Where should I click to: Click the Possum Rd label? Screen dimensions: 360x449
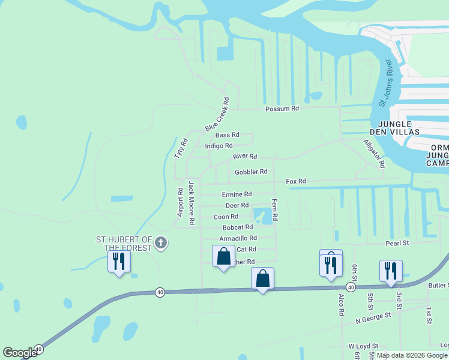coord(282,109)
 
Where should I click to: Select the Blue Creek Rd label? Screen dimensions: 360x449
coord(217,115)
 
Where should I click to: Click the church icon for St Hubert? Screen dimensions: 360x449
coord(160,243)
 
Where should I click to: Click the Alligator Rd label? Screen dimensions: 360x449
coord(373,154)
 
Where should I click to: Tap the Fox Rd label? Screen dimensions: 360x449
coord(296,181)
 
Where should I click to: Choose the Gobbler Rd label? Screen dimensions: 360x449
coord(251,172)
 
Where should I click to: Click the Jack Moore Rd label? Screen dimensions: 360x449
coord(191,203)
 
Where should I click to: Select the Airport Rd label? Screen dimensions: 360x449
coord(179,203)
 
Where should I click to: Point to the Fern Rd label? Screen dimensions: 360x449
coord(275,211)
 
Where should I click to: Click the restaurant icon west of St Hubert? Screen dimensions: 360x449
coord(118,262)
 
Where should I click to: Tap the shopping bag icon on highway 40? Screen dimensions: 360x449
coord(262,278)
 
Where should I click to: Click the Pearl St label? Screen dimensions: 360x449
coord(396,243)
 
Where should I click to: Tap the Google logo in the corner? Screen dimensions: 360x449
coord(20,353)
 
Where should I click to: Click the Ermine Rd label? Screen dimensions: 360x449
coord(237,194)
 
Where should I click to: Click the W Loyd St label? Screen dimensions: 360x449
coord(363,346)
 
